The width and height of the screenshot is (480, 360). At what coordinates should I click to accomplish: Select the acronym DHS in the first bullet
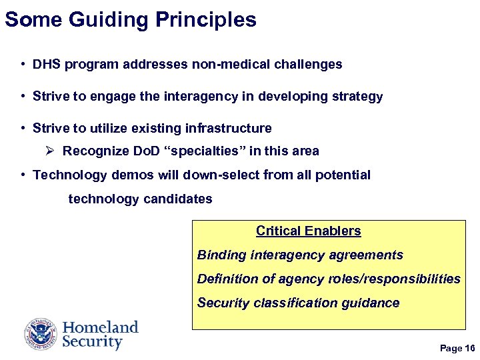(x=46, y=65)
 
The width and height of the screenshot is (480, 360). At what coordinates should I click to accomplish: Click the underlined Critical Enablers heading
(x=308, y=231)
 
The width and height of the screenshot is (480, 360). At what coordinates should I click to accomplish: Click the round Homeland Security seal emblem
(x=41, y=334)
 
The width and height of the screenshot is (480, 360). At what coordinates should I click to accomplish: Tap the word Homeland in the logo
(x=101, y=327)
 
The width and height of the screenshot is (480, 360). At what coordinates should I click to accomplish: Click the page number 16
(x=470, y=349)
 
